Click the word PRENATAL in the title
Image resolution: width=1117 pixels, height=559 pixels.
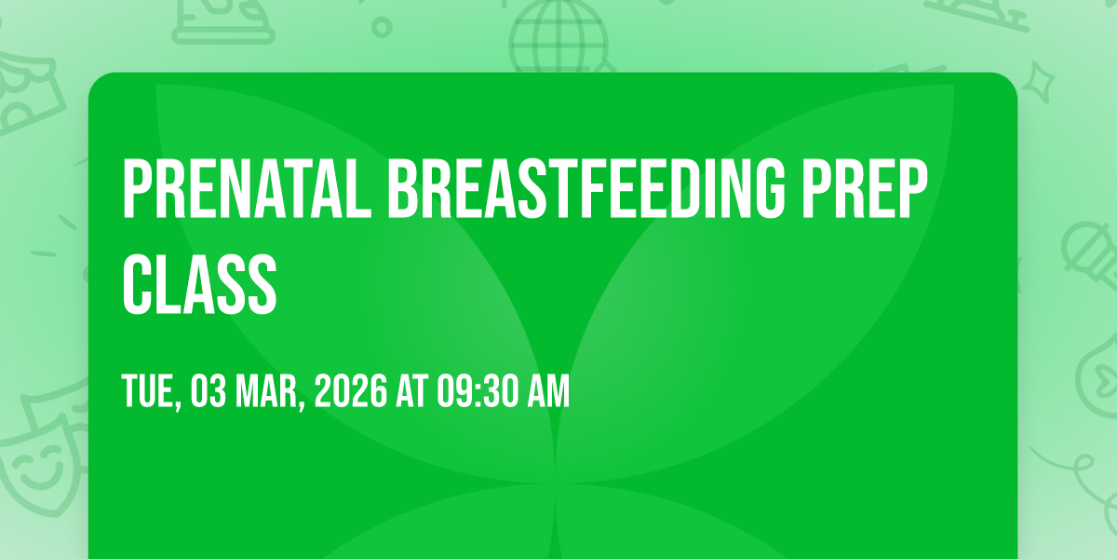pyautogui.click(x=247, y=189)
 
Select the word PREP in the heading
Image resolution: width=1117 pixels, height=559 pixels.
pyautogui.click(x=865, y=189)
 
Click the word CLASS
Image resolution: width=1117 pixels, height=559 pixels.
pyautogui.click(x=199, y=284)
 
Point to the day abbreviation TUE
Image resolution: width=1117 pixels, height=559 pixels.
pyautogui.click(x=149, y=392)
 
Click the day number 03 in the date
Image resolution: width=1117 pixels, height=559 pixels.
pyautogui.click(x=209, y=392)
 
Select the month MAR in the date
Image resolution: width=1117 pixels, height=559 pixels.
pyautogui.click(x=266, y=392)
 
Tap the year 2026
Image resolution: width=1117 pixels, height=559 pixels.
pyautogui.click(x=351, y=392)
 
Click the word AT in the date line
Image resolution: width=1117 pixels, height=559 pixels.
pyautogui.click(x=411, y=392)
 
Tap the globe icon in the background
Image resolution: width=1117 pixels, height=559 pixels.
pyautogui.click(x=558, y=36)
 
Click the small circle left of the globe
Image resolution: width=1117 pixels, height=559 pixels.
pyautogui.click(x=382, y=27)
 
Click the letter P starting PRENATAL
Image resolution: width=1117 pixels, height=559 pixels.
pyautogui.click(x=138, y=189)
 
